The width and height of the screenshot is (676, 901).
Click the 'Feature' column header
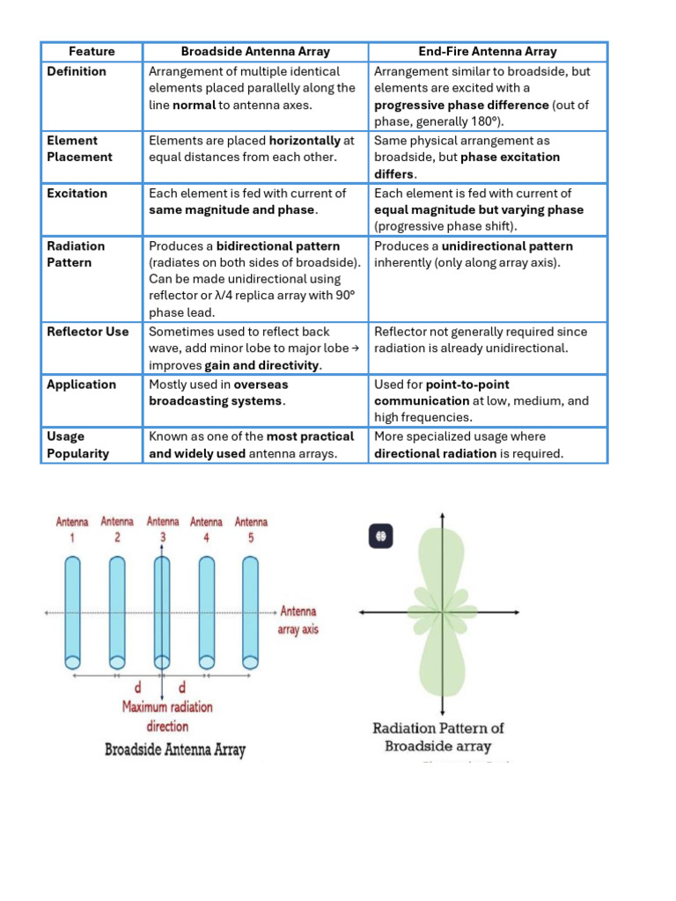(92, 52)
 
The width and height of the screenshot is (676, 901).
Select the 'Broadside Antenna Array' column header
(256, 52)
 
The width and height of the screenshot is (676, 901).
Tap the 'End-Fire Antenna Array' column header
(488, 52)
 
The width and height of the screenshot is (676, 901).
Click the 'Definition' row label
(77, 71)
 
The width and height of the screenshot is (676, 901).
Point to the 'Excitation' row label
(77, 194)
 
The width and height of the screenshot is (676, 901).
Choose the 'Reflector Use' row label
(88, 332)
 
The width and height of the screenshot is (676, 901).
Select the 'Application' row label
(82, 385)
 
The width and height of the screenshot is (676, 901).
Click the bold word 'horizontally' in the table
(305, 141)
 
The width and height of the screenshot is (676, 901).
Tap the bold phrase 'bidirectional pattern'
(278, 246)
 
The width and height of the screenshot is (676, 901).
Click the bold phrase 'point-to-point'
(467, 385)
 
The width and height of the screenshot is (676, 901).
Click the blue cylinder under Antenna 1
(72, 611)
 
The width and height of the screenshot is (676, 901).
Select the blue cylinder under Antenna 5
(251, 611)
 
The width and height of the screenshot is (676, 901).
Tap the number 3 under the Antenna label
(163, 538)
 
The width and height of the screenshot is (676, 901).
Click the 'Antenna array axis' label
(300, 620)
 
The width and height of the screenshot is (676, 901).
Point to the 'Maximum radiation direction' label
(167, 716)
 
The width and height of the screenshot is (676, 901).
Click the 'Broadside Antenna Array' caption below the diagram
(175, 751)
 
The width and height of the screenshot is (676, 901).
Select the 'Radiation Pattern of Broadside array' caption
(438, 737)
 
